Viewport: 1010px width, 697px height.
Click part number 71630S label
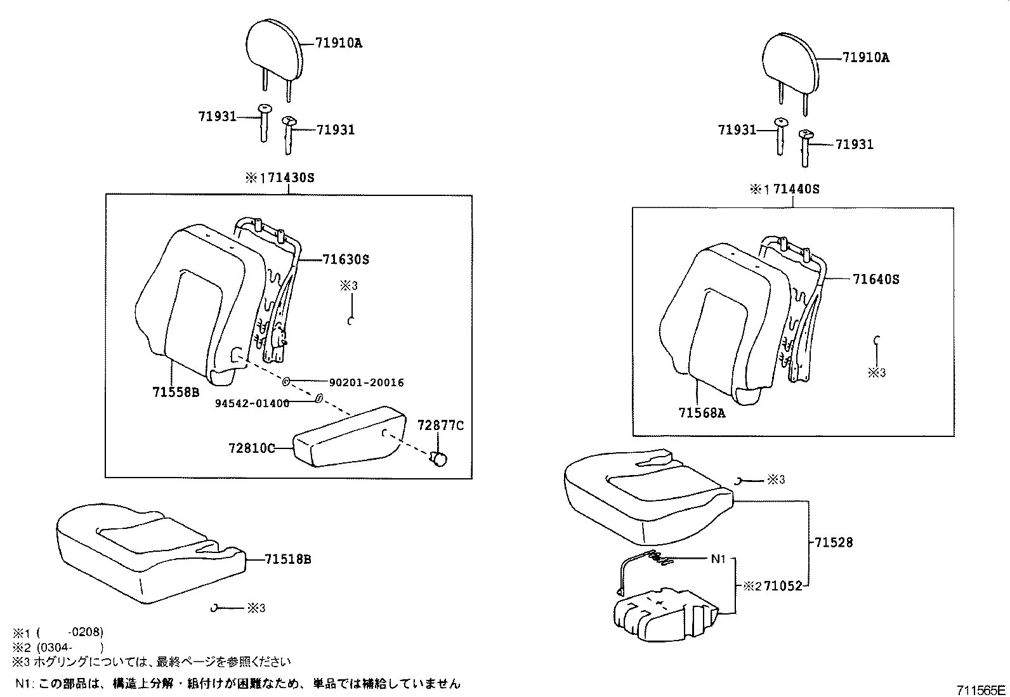click(346, 259)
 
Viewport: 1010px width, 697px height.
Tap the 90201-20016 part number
click(366, 382)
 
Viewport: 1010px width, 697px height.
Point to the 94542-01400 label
click(252, 403)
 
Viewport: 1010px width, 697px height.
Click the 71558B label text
click(176, 392)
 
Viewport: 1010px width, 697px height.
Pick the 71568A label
click(702, 412)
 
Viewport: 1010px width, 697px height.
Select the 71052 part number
click(783, 587)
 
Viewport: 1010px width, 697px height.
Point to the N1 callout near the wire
click(718, 559)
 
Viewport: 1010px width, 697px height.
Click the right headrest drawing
click(789, 63)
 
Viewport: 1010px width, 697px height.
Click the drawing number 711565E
click(981, 689)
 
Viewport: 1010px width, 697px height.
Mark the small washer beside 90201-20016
click(286, 382)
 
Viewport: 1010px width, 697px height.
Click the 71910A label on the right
click(866, 58)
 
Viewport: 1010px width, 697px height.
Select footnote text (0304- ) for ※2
click(70, 647)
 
